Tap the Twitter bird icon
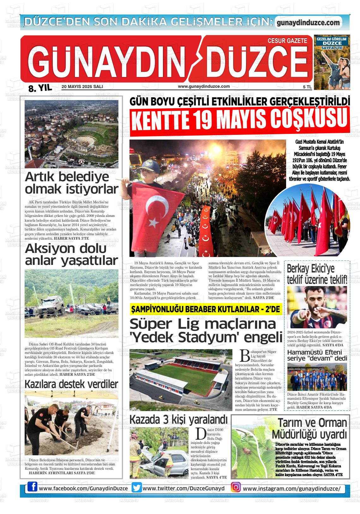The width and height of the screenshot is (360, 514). pyautogui.click(x=137, y=487)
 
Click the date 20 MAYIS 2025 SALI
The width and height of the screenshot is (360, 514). pyautogui.click(x=82, y=87)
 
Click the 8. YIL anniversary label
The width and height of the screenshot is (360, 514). pyautogui.click(x=40, y=88)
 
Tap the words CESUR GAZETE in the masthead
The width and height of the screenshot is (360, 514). pyautogui.click(x=287, y=41)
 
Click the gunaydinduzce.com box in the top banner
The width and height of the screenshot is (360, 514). pyautogui.click(x=308, y=23)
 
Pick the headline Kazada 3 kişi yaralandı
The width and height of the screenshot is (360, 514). pyautogui.click(x=178, y=420)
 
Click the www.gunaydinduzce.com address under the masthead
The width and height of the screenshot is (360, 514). pyautogui.click(x=204, y=87)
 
